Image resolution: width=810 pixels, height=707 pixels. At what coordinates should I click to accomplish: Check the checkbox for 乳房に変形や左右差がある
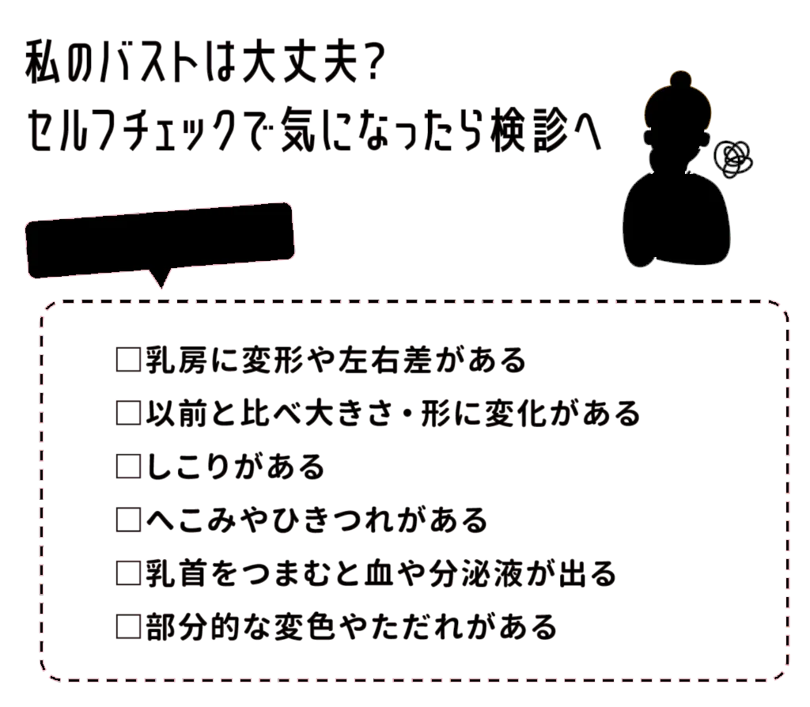[x=127, y=361]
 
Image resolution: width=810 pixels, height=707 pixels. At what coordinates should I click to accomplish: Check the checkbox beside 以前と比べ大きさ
[x=127, y=414]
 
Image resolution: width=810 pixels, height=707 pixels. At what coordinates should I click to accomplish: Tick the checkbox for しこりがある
[x=127, y=467]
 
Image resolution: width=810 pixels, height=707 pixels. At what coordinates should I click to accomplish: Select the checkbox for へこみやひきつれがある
[x=127, y=520]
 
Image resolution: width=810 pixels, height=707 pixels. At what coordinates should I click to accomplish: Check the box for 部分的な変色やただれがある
[x=127, y=626]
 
